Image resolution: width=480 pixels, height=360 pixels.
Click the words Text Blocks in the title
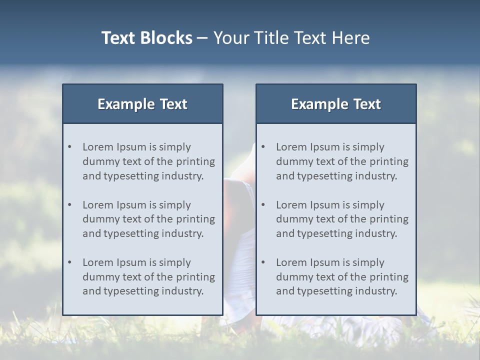pyautogui.click(x=147, y=38)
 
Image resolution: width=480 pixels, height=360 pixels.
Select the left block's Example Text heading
pyautogui.click(x=142, y=104)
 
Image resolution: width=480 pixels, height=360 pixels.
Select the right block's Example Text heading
pyautogui.click(x=336, y=104)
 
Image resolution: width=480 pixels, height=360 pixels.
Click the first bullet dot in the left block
pyautogui.click(x=70, y=147)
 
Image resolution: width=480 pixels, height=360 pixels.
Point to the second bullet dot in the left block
pyautogui.click(x=70, y=205)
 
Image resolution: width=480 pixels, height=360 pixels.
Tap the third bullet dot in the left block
pyautogui.click(x=70, y=262)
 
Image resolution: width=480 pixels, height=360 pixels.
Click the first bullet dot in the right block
pyautogui.click(x=263, y=147)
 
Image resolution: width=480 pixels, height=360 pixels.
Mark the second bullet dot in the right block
pyautogui.click(x=263, y=205)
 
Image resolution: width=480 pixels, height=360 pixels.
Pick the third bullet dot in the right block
pyautogui.click(x=263, y=262)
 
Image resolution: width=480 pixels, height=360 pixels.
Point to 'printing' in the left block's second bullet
pyautogui.click(x=196, y=219)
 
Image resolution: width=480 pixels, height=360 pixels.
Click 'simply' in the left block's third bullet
pyautogui.click(x=175, y=262)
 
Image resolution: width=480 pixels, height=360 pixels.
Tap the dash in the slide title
pyautogui.click(x=202, y=38)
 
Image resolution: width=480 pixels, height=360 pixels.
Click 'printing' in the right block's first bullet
pyautogui.click(x=389, y=161)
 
